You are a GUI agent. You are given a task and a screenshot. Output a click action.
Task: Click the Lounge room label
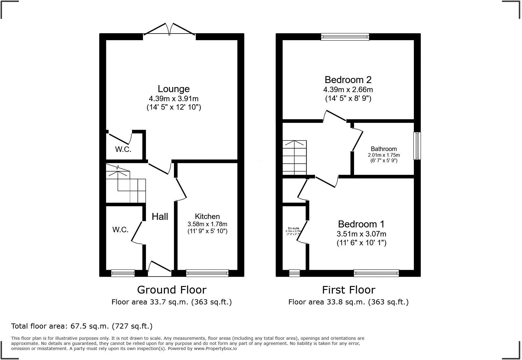pos(173,89)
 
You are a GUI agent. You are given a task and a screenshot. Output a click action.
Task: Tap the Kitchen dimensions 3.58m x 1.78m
pos(207,224)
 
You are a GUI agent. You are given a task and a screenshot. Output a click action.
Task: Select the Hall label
pos(160,217)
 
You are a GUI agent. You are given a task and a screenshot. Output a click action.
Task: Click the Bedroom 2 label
pos(348,80)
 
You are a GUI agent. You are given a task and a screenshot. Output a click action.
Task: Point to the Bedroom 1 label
pos(361,224)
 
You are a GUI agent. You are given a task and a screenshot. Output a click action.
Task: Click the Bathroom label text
pos(384,149)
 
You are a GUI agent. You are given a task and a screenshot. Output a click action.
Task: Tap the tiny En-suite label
pos(293,228)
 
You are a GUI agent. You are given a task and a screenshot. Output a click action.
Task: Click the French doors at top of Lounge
pos(169,30)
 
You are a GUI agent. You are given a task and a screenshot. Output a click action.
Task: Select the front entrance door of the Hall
pos(159,269)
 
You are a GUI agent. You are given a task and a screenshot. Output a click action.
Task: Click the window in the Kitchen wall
pos(207,273)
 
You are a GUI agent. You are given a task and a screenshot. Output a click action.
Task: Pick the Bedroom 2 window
pos(345,37)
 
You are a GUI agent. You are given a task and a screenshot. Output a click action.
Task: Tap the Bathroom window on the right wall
pos(417,146)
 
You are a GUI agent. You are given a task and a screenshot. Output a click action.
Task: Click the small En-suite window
pos(294,273)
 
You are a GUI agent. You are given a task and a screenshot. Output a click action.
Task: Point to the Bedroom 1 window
pos(376,273)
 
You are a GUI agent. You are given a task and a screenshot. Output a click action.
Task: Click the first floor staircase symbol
pos(295,158)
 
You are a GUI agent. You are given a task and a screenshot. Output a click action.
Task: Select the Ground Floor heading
pos(172,290)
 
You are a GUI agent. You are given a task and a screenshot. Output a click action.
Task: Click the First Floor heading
pos(348,290)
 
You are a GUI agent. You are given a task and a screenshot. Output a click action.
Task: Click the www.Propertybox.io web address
pos(215,349)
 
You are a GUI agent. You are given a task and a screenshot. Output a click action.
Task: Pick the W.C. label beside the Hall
pos(121,230)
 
